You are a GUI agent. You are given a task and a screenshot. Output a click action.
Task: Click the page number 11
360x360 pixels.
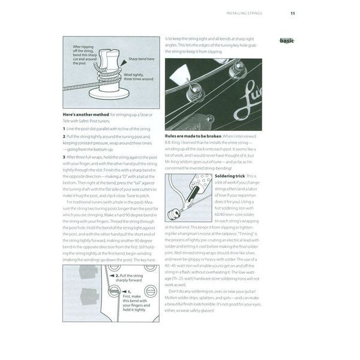tap(292, 13)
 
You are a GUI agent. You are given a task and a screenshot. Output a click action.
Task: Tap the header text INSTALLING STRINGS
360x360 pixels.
tap(246, 13)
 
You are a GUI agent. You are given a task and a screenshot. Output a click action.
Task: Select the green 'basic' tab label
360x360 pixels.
tap(287, 41)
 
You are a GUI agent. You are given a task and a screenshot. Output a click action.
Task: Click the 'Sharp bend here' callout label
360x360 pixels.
tap(142, 60)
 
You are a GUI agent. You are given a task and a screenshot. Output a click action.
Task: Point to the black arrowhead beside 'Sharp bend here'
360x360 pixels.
tap(124, 61)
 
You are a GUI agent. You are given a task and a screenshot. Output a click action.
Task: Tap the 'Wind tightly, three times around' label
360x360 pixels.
tap(139, 76)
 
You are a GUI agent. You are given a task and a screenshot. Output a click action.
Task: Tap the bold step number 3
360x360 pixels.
tap(64, 156)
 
